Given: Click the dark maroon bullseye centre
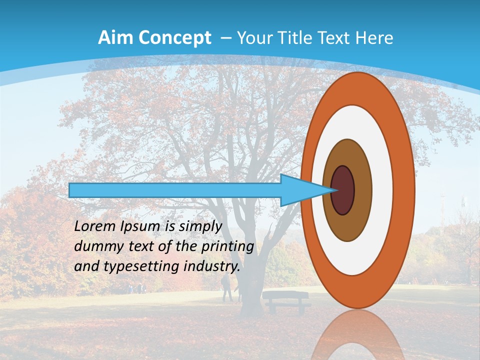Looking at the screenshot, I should [x=343, y=190].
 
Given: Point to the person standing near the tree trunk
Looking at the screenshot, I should [x=226, y=289].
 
